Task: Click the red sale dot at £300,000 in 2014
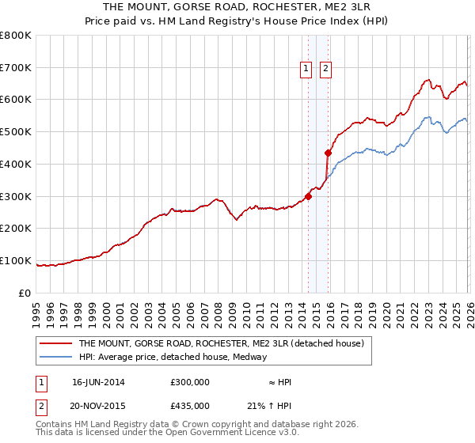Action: [x=309, y=197]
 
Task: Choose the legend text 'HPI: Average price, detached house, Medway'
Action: [x=173, y=357]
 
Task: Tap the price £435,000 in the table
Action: [x=189, y=405]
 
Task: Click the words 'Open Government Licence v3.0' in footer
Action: [x=229, y=433]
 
